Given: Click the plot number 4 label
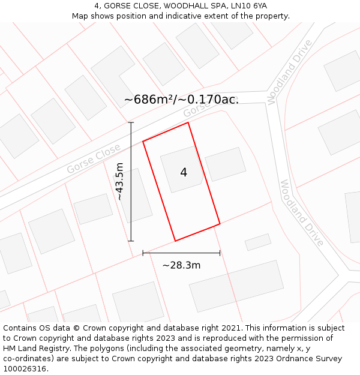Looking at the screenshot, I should click(x=184, y=173).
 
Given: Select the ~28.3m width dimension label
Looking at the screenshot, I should click(x=181, y=265).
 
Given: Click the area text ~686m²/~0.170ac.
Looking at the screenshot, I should click(x=181, y=100).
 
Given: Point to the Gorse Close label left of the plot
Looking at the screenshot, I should click(x=93, y=160).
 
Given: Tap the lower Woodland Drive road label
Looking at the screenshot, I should click(x=302, y=213).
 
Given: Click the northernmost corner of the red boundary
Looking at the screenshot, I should click(x=188, y=122).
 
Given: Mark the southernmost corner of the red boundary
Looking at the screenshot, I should click(x=175, y=241).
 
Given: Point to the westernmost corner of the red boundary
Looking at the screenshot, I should click(x=143, y=142).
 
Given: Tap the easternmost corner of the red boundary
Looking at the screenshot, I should click(x=220, y=224).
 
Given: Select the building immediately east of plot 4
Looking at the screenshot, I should click(x=226, y=164).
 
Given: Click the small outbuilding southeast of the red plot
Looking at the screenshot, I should click(x=258, y=242).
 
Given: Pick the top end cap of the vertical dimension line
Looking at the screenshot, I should click(x=131, y=122).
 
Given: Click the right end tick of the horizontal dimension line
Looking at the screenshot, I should click(x=220, y=253).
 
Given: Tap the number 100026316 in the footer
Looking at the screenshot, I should click(x=25, y=369).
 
